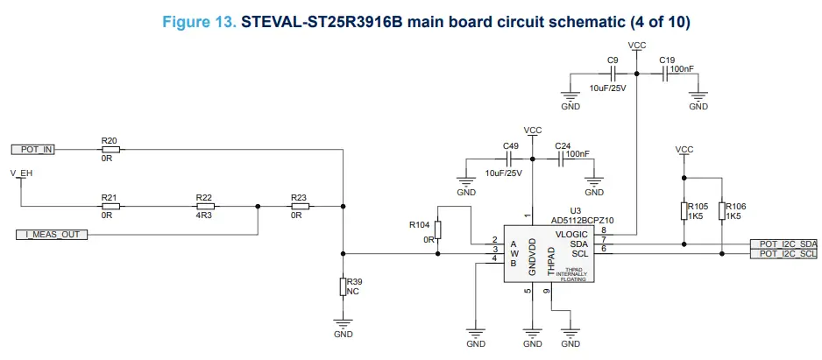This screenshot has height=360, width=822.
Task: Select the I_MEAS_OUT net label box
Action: coord(51,235)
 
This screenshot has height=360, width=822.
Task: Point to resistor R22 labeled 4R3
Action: coord(203,207)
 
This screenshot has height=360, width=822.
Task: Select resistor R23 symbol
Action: coord(299,207)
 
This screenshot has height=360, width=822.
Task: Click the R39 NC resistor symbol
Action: coord(343,287)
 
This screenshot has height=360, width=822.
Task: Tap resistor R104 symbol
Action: coord(438,229)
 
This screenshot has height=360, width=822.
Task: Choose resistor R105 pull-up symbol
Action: coord(683,211)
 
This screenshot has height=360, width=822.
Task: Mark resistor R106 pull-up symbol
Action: coord(721,211)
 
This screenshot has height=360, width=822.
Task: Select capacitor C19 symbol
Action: coord(666,74)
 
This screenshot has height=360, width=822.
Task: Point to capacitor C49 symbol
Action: coord(509,159)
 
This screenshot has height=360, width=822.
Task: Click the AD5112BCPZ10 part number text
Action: coord(584,220)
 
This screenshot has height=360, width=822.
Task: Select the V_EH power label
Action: coord(21,173)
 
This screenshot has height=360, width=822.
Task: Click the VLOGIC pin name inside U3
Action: coord(571,234)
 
